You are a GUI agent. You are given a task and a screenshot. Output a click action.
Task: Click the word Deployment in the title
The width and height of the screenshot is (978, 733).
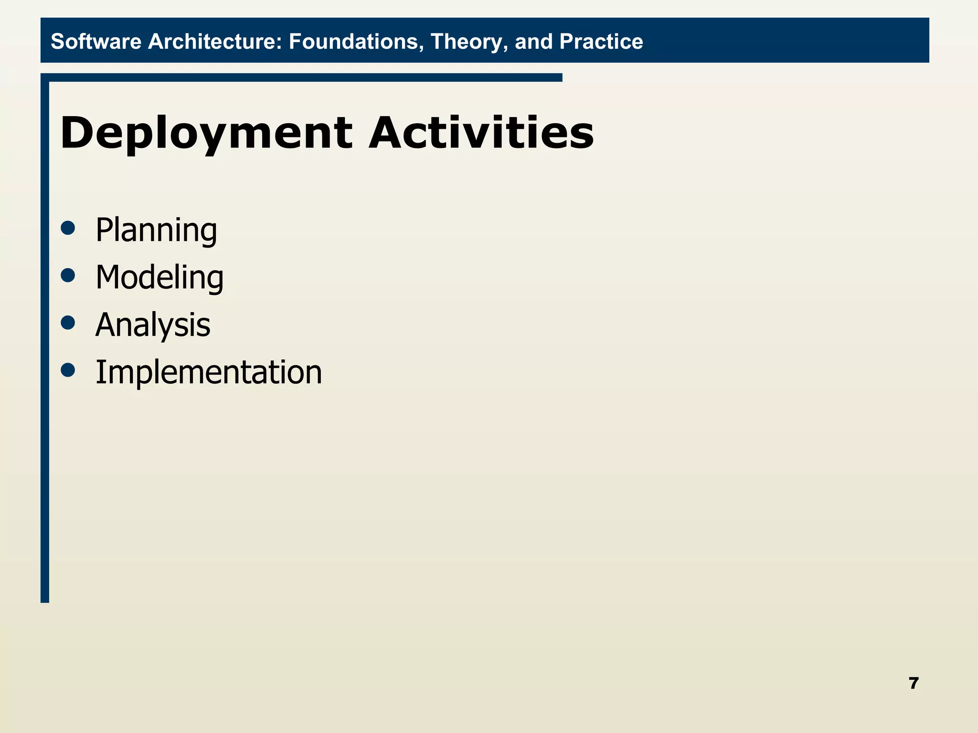(206, 134)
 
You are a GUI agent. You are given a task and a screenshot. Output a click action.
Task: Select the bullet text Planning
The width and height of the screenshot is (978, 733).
(156, 231)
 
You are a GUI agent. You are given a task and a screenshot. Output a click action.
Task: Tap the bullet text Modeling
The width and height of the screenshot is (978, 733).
(159, 278)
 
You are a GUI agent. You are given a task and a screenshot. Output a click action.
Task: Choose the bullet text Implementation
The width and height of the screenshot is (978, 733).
(209, 372)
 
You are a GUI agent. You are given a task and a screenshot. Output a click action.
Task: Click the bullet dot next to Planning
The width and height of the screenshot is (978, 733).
(68, 228)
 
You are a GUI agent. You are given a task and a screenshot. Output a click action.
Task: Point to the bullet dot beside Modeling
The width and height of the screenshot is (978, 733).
(68, 275)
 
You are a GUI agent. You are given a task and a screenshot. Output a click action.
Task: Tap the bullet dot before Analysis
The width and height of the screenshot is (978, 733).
(68, 323)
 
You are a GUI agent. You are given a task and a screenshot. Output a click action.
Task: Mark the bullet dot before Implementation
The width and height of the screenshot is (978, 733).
(68, 370)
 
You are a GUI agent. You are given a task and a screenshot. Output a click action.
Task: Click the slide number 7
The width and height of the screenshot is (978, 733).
(914, 683)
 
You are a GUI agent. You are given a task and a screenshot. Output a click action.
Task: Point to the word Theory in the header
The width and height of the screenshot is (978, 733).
(469, 42)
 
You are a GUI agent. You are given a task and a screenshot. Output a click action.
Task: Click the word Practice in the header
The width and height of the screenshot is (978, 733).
(601, 42)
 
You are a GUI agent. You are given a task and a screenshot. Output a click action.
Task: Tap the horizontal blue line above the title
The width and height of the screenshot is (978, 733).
(306, 77)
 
